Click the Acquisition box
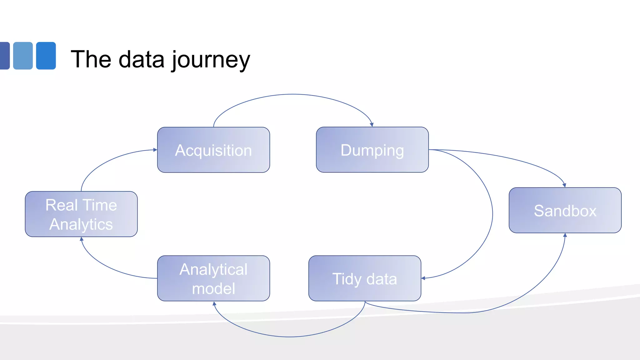213,150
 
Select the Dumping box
372,150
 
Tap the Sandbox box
565,210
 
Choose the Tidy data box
365,278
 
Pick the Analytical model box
213,278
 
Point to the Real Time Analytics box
81,214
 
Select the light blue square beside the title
23,56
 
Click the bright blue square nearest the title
46,56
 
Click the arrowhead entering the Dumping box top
372,125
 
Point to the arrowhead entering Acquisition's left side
155,150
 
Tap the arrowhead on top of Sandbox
564,185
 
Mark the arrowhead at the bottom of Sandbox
565,235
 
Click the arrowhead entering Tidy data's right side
423,278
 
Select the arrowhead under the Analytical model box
214,303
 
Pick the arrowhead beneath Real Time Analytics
82,239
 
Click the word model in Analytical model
213,288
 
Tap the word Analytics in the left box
81,224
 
